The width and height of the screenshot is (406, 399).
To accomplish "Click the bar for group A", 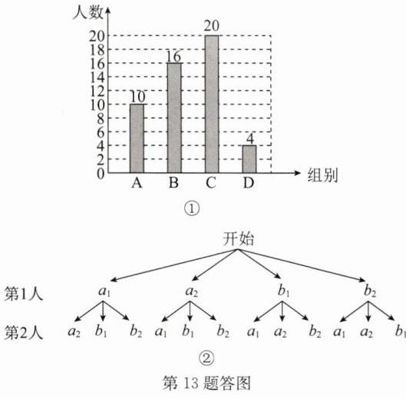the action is click(137, 138).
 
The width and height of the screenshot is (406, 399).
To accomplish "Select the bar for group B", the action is click(174, 118).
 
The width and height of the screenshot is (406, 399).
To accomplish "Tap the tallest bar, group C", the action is click(212, 104).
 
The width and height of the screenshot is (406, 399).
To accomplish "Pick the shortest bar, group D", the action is click(249, 159).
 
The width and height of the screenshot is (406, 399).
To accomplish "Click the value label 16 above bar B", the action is click(173, 56).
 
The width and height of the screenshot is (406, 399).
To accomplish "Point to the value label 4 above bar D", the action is click(249, 139).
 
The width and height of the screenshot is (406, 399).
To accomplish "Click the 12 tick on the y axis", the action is click(97, 91).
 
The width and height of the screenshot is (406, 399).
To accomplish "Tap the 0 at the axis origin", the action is click(101, 174).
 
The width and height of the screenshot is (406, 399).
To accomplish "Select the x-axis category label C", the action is click(211, 183).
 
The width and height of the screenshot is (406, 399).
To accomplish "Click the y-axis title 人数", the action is click(87, 12).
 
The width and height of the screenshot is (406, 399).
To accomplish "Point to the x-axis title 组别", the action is click(322, 175).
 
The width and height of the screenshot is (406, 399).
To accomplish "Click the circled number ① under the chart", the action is click(192, 208).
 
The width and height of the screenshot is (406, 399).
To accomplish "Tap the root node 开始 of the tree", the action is click(238, 238).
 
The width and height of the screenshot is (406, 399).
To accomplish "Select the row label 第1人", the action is click(24, 294).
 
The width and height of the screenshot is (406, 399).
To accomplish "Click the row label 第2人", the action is click(24, 333).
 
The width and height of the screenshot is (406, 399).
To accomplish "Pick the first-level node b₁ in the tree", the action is click(283, 291).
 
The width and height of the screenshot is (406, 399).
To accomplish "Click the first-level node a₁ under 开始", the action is click(104, 291).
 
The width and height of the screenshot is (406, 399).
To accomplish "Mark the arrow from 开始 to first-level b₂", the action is click(302, 265).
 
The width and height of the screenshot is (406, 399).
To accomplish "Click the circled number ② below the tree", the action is click(206, 358).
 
